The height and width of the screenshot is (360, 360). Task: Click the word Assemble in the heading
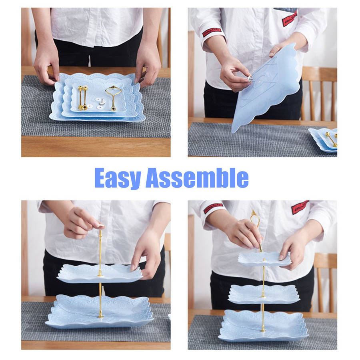[197, 178]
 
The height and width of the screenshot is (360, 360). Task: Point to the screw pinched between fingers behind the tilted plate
[250, 79]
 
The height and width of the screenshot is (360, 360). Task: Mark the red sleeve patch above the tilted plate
[212, 32]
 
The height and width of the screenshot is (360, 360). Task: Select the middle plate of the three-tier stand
[264, 294]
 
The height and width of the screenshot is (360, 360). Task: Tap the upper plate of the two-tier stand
[100, 273]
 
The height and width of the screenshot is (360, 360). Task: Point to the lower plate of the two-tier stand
[100, 312]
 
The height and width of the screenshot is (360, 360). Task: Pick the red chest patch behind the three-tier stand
[300, 207]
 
